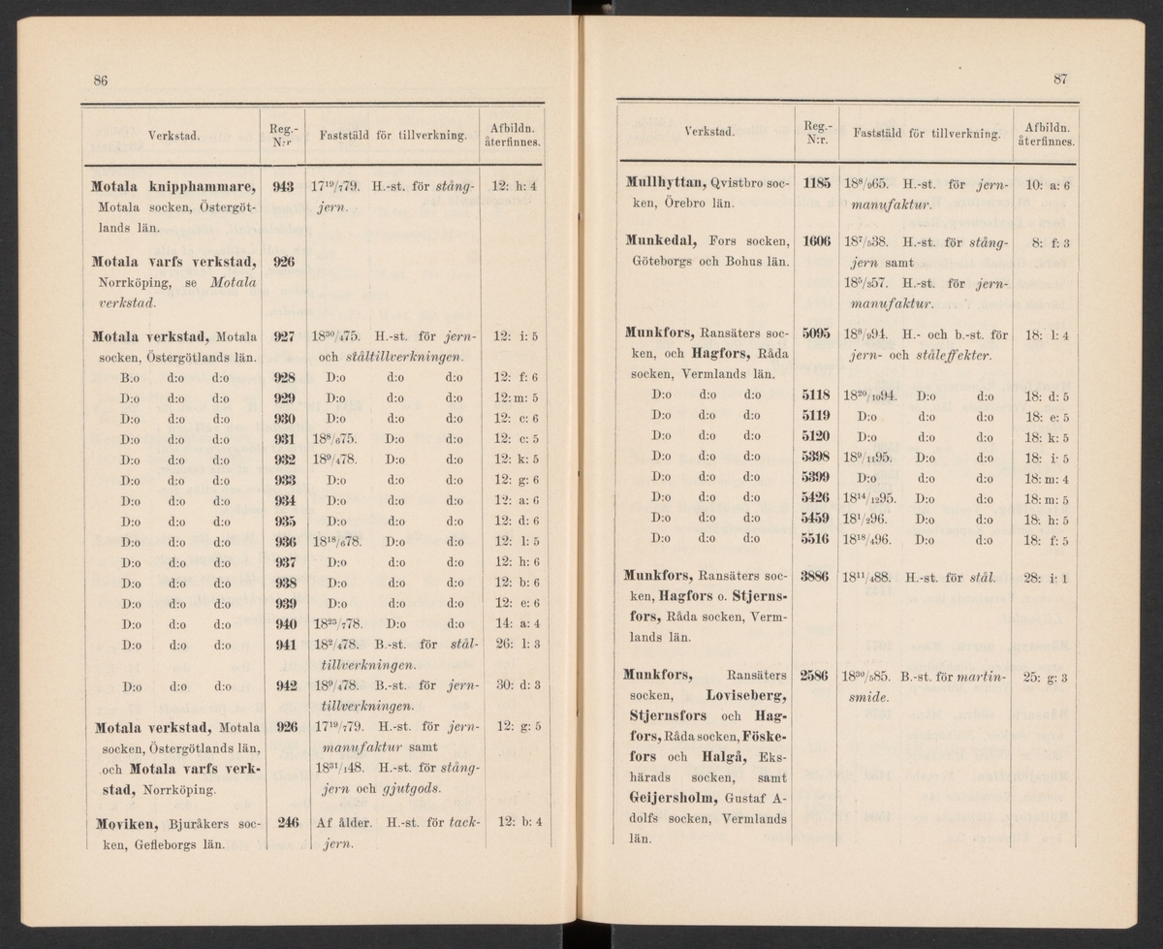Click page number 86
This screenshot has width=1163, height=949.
point(100,79)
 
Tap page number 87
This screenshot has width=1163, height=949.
point(1060,79)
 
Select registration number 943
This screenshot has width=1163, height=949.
point(283,186)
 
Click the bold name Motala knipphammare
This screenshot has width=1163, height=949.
point(172,186)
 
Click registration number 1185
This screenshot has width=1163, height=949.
point(817,181)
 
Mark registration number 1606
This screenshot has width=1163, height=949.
point(817,241)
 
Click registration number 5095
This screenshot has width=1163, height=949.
point(817,334)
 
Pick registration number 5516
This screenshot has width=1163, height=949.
point(817,537)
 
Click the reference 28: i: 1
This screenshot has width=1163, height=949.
point(1045,579)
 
